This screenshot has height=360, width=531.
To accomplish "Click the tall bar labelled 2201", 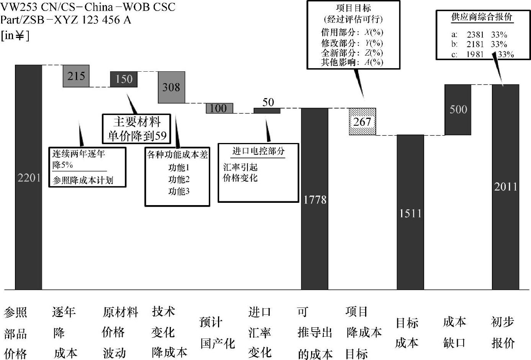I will tap(28, 177).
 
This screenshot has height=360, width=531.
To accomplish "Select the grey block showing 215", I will tap(76, 76).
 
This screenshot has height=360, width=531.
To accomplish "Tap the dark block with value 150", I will tap(124, 79).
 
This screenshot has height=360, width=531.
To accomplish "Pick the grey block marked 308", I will tap(171, 87).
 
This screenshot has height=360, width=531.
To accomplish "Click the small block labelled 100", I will tap(219, 108).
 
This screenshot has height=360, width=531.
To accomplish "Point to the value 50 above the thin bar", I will tap(268, 102).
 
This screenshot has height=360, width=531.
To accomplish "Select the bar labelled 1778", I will tap(315, 199).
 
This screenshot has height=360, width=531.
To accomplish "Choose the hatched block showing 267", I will tap(362, 122).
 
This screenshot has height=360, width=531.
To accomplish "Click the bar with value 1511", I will tap(410, 212).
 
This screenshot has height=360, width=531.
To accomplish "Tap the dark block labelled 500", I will tap(458, 110).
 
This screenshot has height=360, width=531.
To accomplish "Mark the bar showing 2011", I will tap(505, 187).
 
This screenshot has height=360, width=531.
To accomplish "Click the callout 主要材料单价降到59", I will tap(137, 129).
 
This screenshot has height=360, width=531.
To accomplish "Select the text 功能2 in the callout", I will tap(179, 179).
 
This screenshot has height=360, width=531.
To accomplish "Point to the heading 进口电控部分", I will tap(258, 151).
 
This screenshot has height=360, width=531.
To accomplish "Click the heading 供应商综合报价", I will tap(482, 17).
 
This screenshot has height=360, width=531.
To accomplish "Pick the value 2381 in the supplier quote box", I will tap(475, 35).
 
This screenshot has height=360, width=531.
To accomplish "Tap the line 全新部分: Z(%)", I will tap(352, 53).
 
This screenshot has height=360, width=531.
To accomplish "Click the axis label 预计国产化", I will tap(217, 332).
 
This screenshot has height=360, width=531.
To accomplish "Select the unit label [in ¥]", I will tap(15, 36).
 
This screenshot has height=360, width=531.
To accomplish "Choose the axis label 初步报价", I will tap(503, 332).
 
